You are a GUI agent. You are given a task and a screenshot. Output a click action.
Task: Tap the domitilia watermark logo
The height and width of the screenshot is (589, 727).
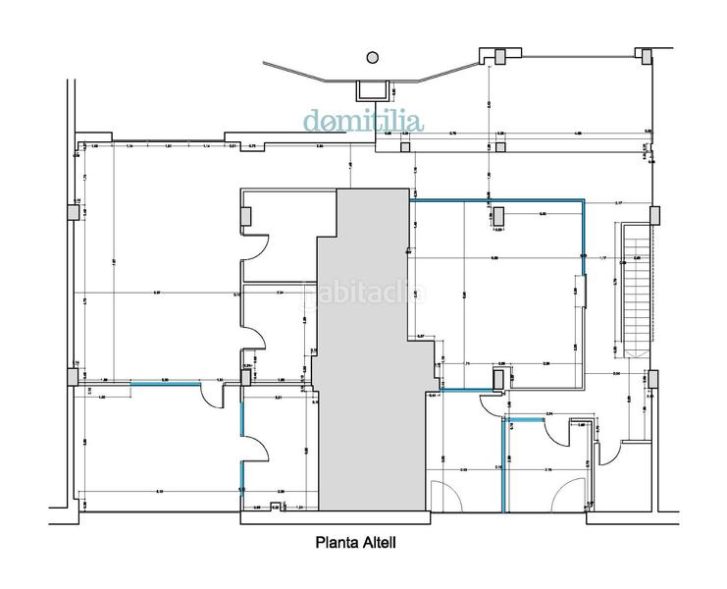363,122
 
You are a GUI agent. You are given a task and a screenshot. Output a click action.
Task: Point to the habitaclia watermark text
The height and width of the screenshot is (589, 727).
365,294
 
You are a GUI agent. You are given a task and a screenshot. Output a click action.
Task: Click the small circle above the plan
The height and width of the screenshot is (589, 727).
371,57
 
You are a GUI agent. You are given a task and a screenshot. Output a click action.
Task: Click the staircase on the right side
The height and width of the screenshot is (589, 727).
636,290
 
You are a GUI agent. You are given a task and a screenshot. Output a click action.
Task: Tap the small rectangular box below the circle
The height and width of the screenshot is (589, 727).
371,86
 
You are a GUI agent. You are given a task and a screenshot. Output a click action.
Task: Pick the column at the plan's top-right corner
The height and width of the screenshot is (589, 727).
645,55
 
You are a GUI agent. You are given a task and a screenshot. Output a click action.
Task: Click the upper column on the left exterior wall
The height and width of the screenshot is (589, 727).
75,212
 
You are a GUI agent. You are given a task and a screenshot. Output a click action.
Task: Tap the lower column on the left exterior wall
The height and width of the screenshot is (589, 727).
74,375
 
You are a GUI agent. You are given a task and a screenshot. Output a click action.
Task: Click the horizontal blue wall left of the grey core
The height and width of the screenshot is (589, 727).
163,383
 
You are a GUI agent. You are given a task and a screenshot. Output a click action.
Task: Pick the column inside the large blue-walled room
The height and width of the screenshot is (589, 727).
498,216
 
